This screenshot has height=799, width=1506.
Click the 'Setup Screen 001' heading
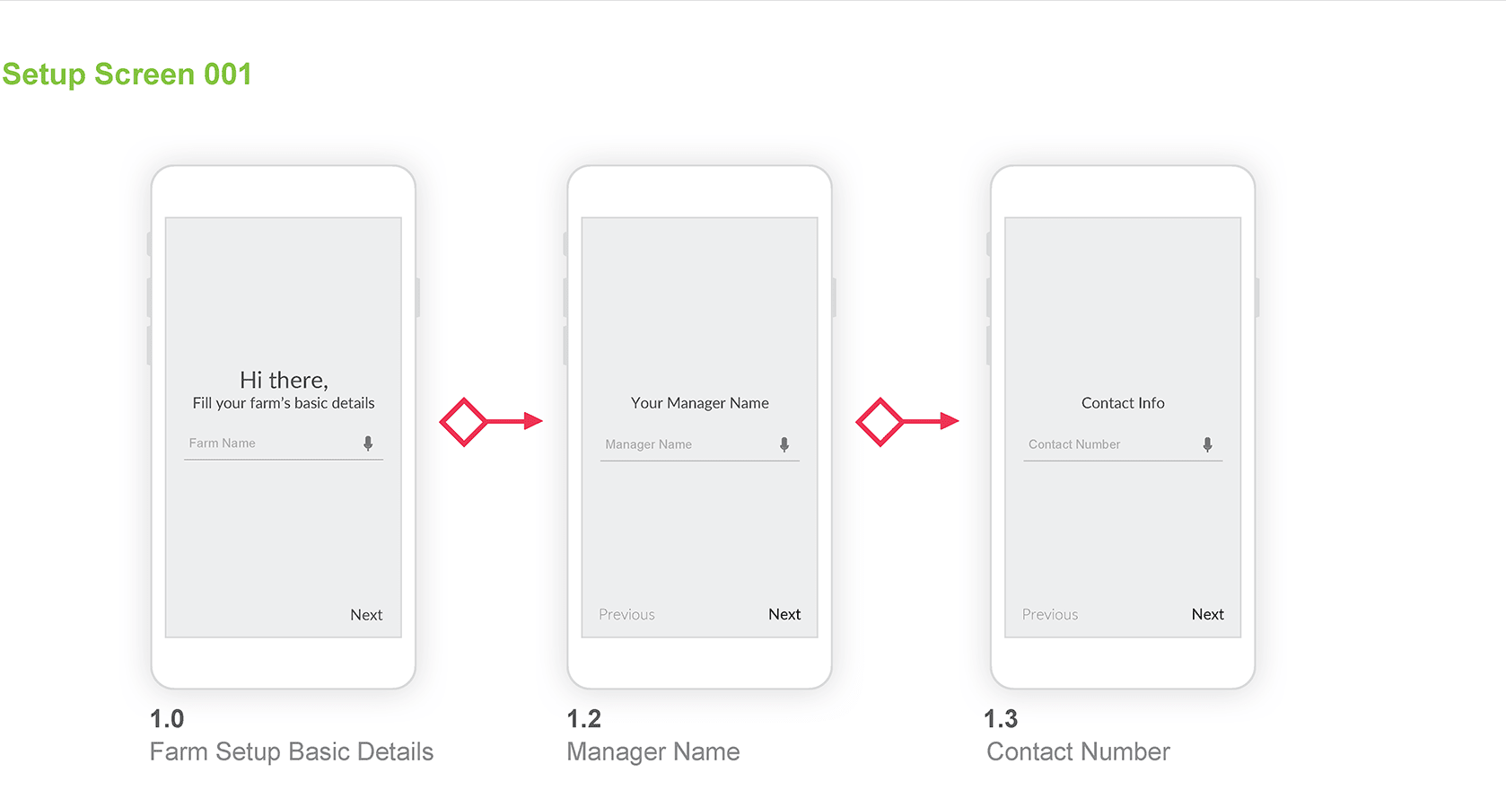(x=127, y=74)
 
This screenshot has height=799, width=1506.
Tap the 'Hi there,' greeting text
(x=284, y=380)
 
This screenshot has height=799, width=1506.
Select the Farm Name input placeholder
(x=222, y=443)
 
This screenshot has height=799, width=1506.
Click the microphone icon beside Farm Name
(x=368, y=443)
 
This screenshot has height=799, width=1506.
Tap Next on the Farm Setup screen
(x=366, y=615)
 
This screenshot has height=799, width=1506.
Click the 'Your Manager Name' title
(x=700, y=403)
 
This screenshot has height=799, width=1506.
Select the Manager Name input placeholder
(x=648, y=444)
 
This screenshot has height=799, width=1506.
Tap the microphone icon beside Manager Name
(x=784, y=444)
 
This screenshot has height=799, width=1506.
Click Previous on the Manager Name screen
(x=626, y=614)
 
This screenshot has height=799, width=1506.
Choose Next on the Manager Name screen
(x=784, y=614)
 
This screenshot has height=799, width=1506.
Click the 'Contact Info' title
(x=1123, y=403)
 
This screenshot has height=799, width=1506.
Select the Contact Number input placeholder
(x=1074, y=444)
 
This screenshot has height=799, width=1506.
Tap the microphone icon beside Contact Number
(x=1207, y=444)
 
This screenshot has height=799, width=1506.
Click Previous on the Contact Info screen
(x=1050, y=614)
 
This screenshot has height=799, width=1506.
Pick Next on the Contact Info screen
(x=1207, y=614)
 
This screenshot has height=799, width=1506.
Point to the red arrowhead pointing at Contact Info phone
(x=950, y=421)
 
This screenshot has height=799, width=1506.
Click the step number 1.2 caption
(x=583, y=719)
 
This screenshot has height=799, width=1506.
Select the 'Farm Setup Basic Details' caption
(x=291, y=752)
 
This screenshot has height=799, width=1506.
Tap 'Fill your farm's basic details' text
(x=284, y=403)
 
